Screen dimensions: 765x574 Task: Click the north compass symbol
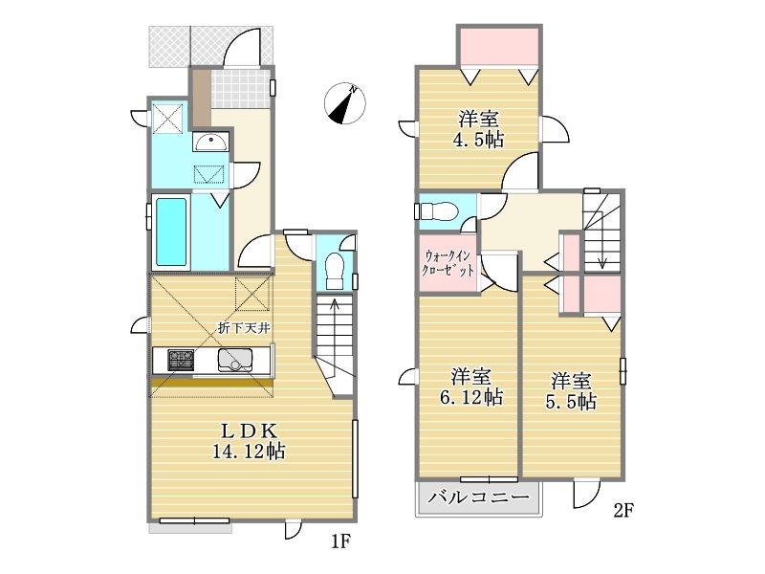click(345, 103)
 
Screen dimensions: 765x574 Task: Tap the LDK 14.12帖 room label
click(249, 441)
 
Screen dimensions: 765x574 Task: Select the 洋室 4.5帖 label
click(478, 129)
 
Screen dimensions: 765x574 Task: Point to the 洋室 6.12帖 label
click(471, 386)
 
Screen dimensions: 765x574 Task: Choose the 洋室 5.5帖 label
click(571, 390)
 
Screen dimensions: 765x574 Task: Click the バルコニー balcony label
click(479, 497)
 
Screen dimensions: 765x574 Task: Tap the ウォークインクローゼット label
click(448, 264)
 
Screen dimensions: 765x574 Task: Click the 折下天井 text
click(244, 328)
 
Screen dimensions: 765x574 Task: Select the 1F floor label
click(341, 541)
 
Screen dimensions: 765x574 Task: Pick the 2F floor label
click(623, 511)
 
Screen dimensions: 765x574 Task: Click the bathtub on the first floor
click(171, 232)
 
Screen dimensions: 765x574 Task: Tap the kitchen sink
click(235, 361)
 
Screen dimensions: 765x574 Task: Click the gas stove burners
click(181, 361)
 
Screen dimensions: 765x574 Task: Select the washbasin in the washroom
click(210, 143)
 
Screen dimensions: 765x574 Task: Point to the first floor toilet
click(335, 271)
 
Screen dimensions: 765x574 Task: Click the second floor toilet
click(438, 211)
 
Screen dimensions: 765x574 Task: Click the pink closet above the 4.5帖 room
click(499, 46)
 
